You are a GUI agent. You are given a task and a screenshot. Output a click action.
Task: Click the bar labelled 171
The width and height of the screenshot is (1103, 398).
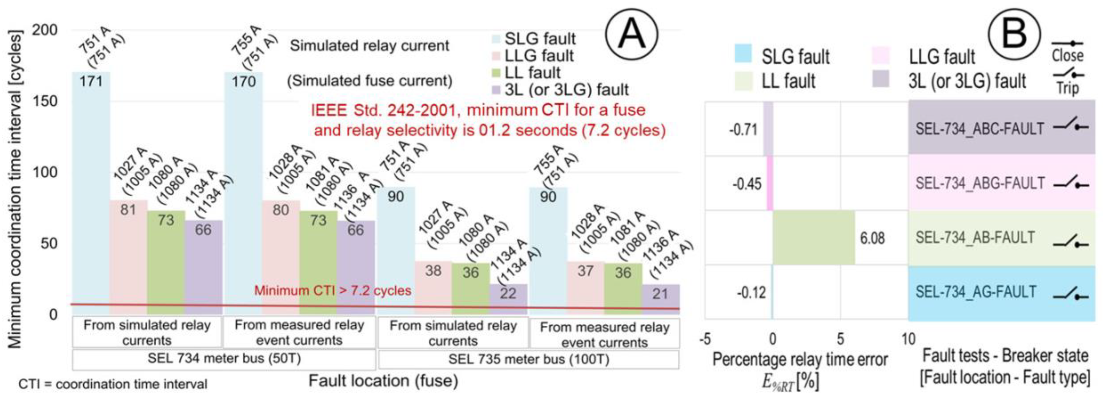point(91,193)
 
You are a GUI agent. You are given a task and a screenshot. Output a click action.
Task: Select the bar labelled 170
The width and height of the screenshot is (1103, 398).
point(243,193)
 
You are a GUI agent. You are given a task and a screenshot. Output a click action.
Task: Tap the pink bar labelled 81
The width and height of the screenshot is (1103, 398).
point(128,257)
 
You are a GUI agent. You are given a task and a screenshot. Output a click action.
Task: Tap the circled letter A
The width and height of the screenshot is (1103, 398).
point(632,34)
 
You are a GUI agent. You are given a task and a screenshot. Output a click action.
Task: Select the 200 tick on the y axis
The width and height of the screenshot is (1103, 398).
point(45,30)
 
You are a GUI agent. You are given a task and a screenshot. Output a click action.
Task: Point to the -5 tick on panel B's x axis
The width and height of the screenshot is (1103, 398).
point(705,339)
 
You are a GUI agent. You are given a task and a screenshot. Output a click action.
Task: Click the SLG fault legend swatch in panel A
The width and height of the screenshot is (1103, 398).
point(496,39)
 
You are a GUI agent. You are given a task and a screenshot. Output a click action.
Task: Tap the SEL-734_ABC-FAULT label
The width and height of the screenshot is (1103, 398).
point(980,128)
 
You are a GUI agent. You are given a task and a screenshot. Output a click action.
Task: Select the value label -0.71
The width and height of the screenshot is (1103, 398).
point(743,129)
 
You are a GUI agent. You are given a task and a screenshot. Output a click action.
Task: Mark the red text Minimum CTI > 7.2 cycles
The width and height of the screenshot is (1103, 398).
point(333,290)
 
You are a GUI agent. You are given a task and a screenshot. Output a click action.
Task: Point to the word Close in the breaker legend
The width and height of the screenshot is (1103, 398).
point(1067,56)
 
